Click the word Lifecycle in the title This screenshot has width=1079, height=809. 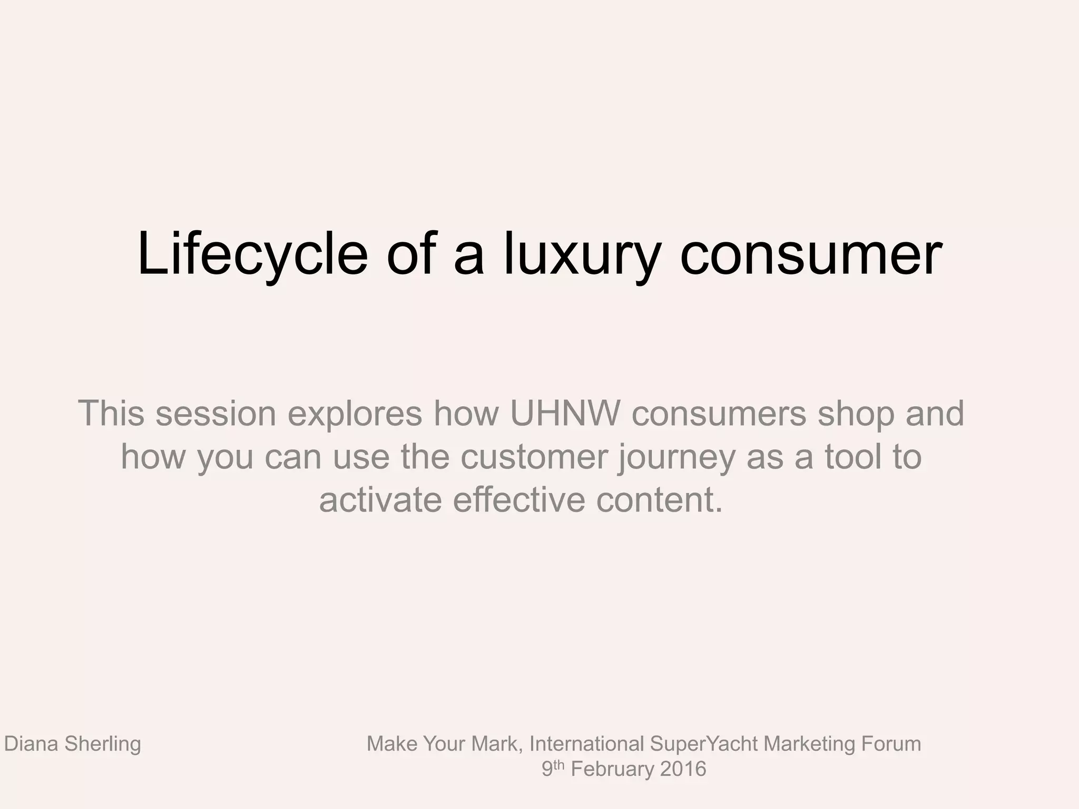click(252, 255)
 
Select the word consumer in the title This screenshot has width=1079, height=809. click(811, 255)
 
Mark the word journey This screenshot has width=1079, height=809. click(677, 458)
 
